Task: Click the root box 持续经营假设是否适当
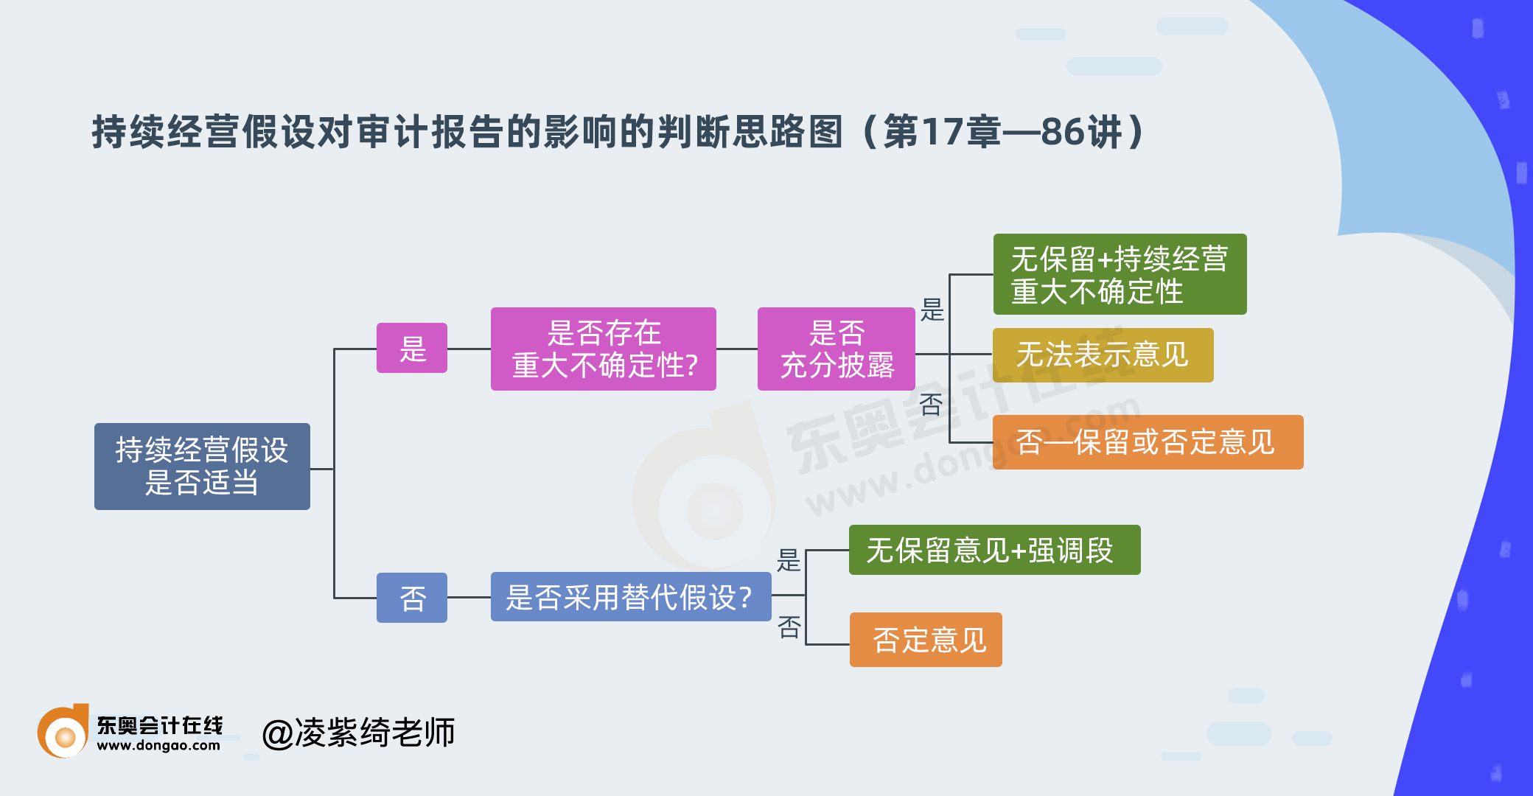(x=202, y=466)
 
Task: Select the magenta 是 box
(x=411, y=348)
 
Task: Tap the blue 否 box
(x=411, y=598)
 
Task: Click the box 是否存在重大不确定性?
(x=603, y=349)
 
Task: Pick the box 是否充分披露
(x=836, y=349)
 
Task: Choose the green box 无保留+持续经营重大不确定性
(x=1119, y=274)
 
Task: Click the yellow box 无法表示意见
(x=1103, y=355)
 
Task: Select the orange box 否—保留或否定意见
(x=1148, y=442)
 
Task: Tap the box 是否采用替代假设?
(x=630, y=597)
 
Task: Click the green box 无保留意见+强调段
(x=994, y=550)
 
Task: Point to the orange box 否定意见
(x=926, y=640)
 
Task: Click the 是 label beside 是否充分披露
(x=932, y=310)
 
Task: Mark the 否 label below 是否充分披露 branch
(x=932, y=404)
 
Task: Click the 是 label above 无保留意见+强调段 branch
(x=789, y=560)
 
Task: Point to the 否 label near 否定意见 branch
(x=789, y=627)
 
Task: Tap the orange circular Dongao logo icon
(x=63, y=733)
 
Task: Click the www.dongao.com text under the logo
(x=158, y=746)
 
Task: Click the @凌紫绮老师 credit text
(x=359, y=733)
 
